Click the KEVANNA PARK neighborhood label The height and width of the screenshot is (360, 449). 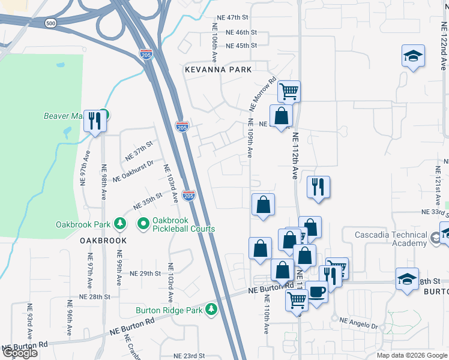[218, 70]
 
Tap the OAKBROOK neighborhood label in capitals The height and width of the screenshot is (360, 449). [104, 241]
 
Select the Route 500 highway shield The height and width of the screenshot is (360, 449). [51, 23]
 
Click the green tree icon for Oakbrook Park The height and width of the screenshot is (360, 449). [121, 224]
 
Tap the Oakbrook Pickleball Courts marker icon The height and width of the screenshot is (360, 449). [143, 224]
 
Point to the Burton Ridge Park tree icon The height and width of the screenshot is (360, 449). [211, 309]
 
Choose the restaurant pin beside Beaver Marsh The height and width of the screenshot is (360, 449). [95, 121]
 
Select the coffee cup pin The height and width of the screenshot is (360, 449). [317, 292]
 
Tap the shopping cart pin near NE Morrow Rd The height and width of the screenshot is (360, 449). [289, 91]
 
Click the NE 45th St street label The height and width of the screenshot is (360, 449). [241, 46]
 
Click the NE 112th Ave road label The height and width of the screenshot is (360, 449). [295, 156]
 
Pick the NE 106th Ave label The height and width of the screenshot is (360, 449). [214, 43]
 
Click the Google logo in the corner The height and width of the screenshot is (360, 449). [20, 353]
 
